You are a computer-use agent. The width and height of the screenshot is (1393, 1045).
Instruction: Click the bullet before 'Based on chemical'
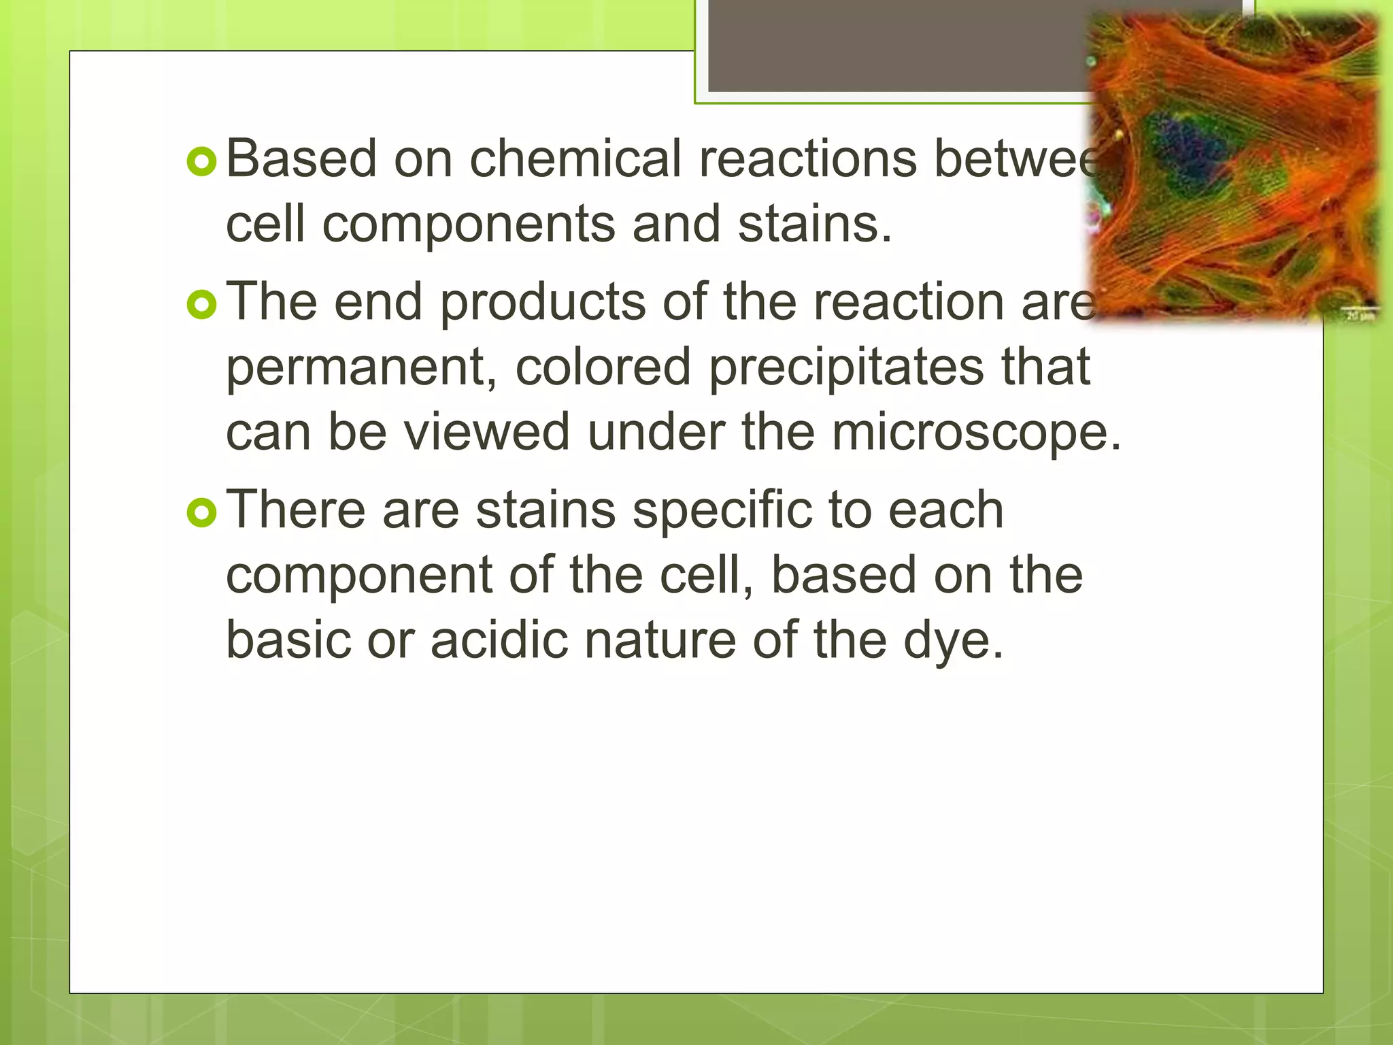(x=201, y=161)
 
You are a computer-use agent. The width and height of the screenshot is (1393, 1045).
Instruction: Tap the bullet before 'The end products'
(x=201, y=305)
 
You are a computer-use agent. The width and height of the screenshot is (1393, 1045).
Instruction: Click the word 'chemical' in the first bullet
(x=575, y=159)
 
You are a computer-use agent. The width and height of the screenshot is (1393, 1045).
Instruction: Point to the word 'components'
(x=468, y=225)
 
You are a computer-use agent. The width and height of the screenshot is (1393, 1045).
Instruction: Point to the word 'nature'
(x=660, y=641)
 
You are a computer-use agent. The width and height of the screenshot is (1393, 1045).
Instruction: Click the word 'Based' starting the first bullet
(x=301, y=159)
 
